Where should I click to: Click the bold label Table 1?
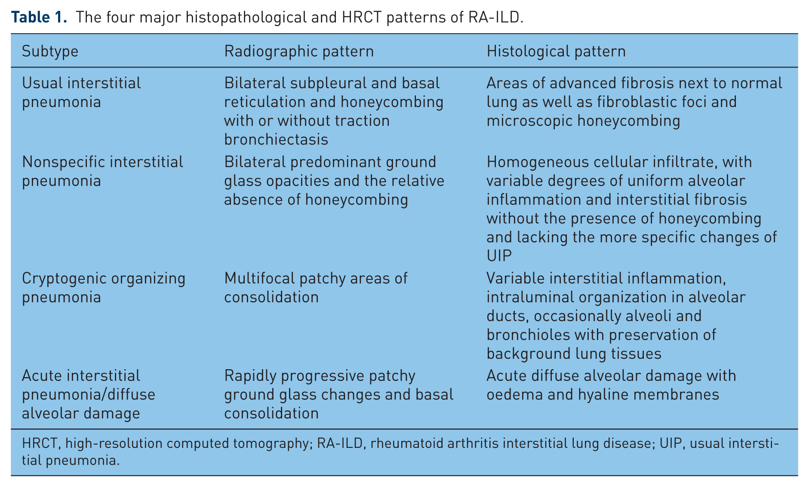pos(39,17)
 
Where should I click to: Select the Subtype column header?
pos(50,52)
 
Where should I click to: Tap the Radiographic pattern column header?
pos(299,52)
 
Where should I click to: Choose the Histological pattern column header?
pos(556,52)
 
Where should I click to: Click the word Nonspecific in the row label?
pos(64,162)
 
